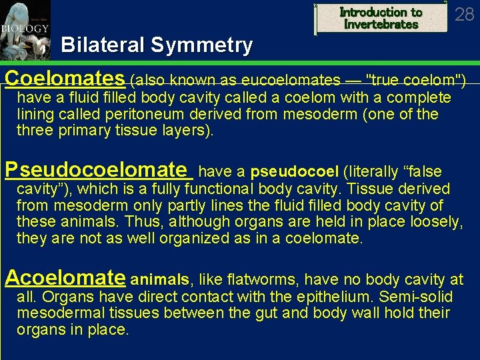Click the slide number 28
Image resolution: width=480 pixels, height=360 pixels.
[x=464, y=14]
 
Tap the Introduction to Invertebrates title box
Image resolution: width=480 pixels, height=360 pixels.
[x=381, y=18]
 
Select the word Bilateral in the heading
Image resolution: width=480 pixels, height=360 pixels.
[x=103, y=45]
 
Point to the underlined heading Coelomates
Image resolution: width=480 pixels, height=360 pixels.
[x=65, y=79]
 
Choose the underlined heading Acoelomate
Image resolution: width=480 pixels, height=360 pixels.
[x=65, y=277]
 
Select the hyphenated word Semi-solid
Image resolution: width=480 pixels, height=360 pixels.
[x=413, y=297]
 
